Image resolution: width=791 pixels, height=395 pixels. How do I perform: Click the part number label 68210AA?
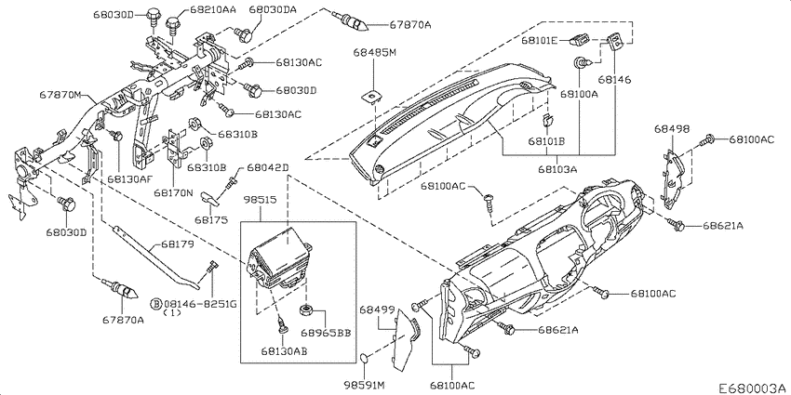pos(213,8)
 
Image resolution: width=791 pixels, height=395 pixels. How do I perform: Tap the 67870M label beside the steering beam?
pos(61,95)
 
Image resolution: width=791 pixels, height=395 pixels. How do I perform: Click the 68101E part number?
pos(539,41)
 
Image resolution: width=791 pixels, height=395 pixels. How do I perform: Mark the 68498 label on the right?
pos(672,128)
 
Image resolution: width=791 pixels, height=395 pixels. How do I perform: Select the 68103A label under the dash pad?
pos(557,170)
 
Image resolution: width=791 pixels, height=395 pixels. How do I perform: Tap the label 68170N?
pos(174,193)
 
